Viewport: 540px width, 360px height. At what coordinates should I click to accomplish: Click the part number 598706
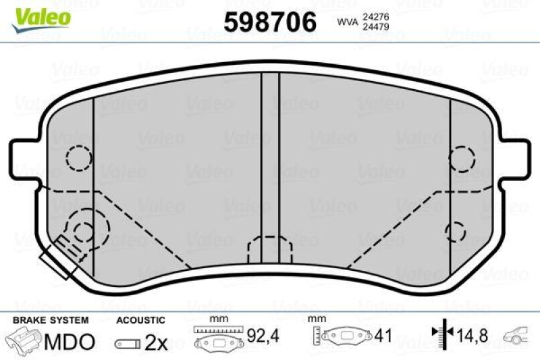[x=270, y=23]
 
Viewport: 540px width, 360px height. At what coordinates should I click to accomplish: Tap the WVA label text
[x=347, y=22]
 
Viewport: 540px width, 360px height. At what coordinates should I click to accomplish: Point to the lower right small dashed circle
[x=457, y=231]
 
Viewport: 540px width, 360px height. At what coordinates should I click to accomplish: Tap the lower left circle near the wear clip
[x=84, y=231]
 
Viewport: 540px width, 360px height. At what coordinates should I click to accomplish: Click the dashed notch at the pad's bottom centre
[x=269, y=250]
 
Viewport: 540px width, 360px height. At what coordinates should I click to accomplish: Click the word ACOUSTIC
[x=140, y=319]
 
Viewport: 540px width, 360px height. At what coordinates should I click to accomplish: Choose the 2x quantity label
[x=156, y=342]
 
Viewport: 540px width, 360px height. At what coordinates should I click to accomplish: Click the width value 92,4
[x=264, y=334]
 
